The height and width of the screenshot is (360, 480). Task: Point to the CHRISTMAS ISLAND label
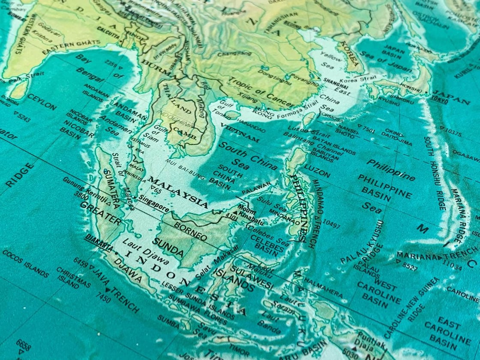[73, 278]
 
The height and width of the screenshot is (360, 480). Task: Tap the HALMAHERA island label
[324, 288]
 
